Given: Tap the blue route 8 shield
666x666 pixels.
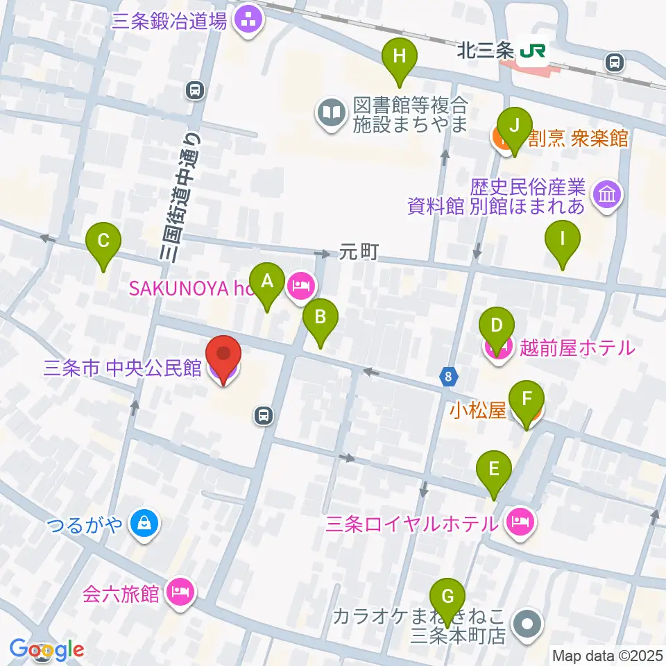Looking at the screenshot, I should tap(449, 377).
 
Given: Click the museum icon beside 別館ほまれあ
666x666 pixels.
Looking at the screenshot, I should tap(608, 196).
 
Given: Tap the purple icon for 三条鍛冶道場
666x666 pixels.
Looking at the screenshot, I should tap(248, 21).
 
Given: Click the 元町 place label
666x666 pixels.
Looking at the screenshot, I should tap(359, 253).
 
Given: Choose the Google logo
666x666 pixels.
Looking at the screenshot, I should tap(47, 650).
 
